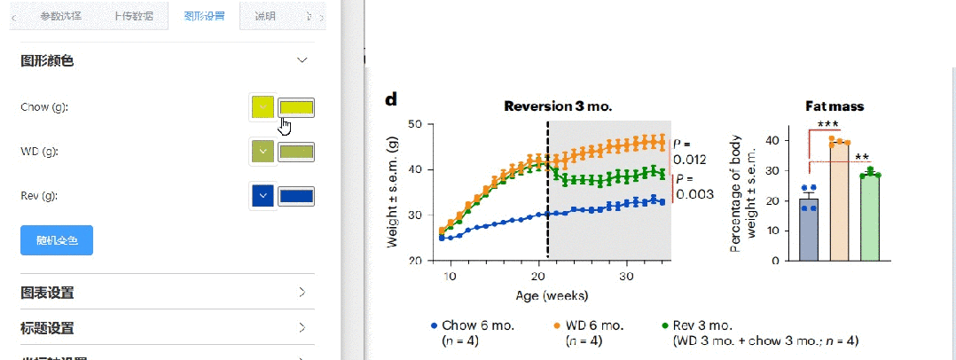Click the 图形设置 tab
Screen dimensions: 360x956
tap(204, 16)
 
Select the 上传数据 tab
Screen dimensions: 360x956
tap(132, 16)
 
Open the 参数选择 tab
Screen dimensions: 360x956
tap(60, 16)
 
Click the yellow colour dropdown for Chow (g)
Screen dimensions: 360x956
tap(263, 107)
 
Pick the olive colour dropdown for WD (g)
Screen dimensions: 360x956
tap(263, 152)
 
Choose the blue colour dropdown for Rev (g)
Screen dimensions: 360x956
tap(263, 196)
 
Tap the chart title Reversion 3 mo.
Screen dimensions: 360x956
tap(558, 106)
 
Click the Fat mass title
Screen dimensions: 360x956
tap(834, 106)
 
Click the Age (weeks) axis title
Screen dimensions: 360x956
tap(552, 294)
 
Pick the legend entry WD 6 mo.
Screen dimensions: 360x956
tap(597, 325)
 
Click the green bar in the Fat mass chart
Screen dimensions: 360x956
tap(870, 218)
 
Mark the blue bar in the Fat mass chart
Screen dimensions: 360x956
tap(807, 230)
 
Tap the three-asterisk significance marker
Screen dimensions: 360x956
tap(828, 125)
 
